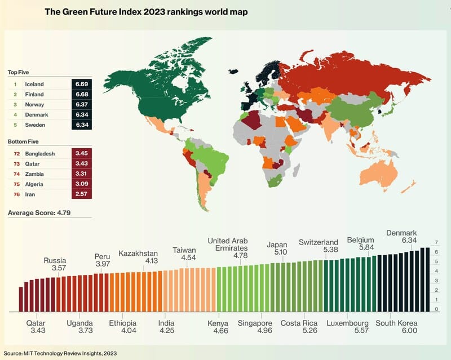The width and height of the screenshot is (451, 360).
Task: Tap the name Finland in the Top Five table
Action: pyautogui.click(x=34, y=94)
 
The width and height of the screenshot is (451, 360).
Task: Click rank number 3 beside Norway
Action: pyautogui.click(x=15, y=104)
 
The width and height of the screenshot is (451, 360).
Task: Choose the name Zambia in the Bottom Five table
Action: pyautogui.click(x=34, y=174)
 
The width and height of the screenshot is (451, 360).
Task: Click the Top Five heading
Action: pyautogui.click(x=19, y=73)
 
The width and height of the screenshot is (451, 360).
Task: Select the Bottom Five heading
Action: pyautogui.click(x=23, y=141)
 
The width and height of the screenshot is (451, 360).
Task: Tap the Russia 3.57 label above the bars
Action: pyautogui.click(x=55, y=265)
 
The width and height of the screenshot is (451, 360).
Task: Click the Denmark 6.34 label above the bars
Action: pyautogui.click(x=401, y=237)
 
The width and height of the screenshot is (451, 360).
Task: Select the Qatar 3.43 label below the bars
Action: pyautogui.click(x=36, y=327)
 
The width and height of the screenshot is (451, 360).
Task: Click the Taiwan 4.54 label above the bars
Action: pyautogui.click(x=184, y=254)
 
